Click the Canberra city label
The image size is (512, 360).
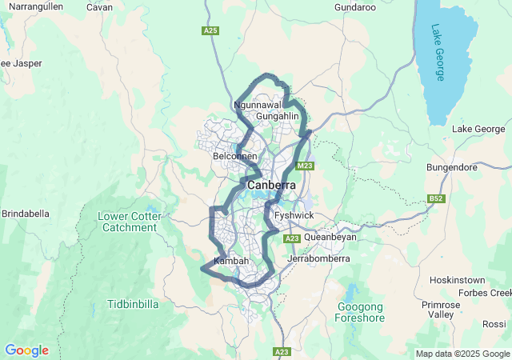pos(271,186)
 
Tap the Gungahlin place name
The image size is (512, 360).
pos(277,117)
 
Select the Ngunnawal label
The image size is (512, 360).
pos(258,105)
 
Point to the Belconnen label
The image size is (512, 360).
pos(234,157)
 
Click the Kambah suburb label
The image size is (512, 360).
pos(231,262)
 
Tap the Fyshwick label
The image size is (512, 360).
pos(294,216)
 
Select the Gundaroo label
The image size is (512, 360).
pos(355,7)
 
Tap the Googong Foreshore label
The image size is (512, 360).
pos(361,312)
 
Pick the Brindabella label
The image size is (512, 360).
pos(26,214)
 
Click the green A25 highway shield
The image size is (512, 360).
pos(210,30)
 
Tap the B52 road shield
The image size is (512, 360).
pos(436,198)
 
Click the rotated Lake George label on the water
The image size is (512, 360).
pos(438,53)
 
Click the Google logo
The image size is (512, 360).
pos(26,350)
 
